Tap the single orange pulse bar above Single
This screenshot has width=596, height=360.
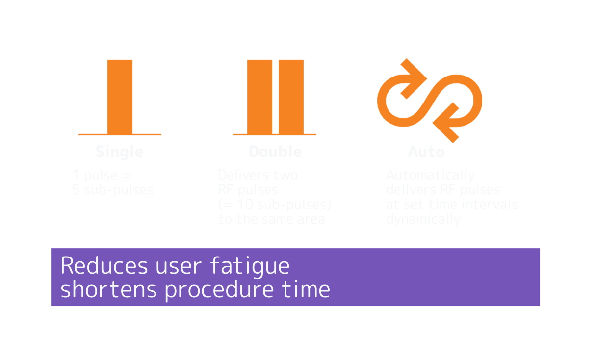pos(120,96)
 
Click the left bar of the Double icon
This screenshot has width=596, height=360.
pos(259,96)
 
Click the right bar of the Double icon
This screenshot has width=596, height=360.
pos(291,96)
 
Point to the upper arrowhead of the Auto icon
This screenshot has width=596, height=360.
pos(411,77)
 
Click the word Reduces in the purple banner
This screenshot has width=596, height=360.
pos(104,266)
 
